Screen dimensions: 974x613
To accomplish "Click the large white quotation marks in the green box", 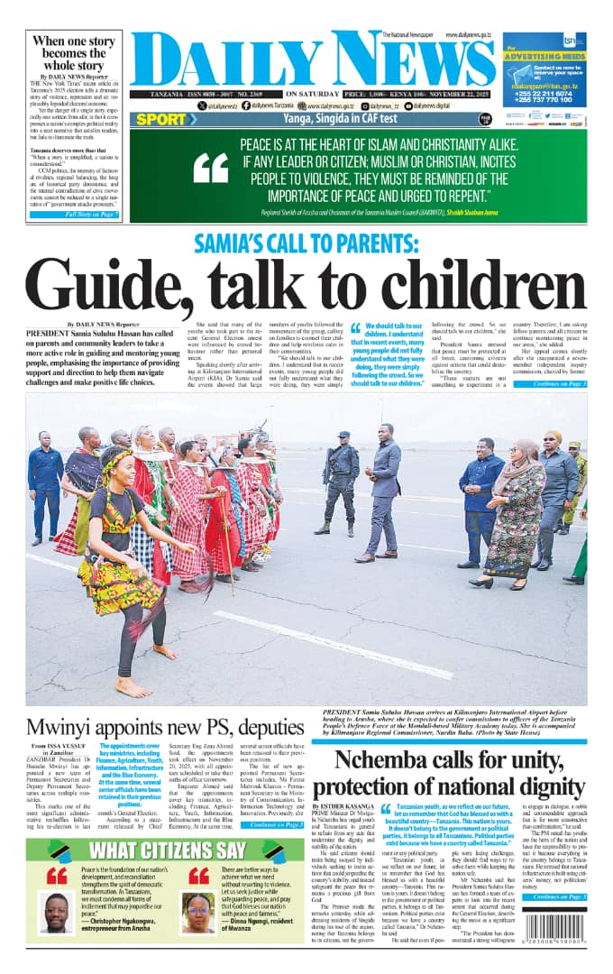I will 211,168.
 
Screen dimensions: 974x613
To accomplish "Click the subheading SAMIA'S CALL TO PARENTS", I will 306,244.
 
